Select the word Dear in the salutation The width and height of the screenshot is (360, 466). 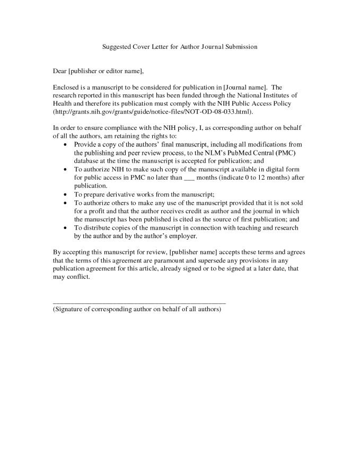[x=60, y=71]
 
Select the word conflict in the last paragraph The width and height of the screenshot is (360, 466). [x=79, y=277]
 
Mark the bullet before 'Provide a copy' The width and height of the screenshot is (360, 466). [x=65, y=144]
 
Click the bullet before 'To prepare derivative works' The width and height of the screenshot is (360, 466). [x=65, y=194]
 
